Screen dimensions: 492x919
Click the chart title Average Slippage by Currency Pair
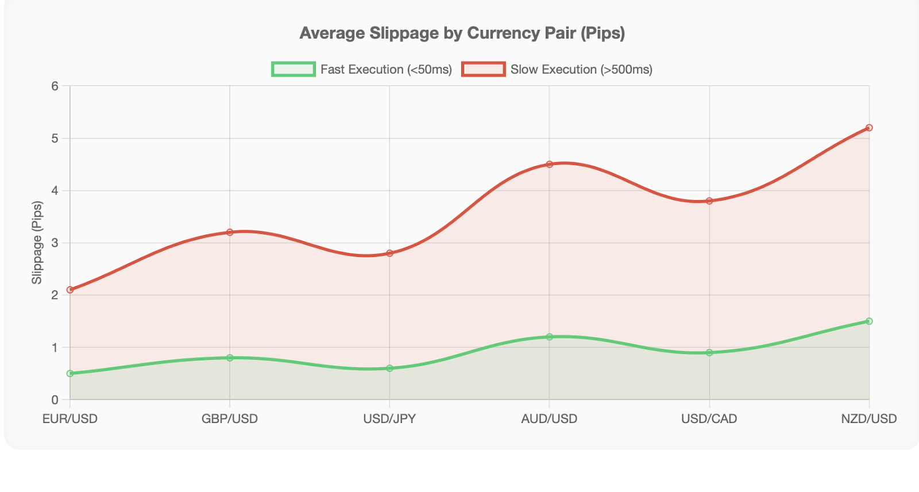pyautogui.click(x=462, y=33)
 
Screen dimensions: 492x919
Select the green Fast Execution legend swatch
pyautogui.click(x=294, y=70)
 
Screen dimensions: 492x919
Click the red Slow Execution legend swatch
pyautogui.click(x=484, y=70)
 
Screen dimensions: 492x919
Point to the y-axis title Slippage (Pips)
pyautogui.click(x=37, y=243)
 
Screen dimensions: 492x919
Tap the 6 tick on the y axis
pyautogui.click(x=55, y=86)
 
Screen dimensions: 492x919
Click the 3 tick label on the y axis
pyautogui.click(x=55, y=243)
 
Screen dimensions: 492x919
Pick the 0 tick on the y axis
pyautogui.click(x=55, y=399)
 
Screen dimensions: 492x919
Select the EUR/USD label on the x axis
pyautogui.click(x=70, y=419)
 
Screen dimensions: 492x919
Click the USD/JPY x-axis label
pyautogui.click(x=389, y=419)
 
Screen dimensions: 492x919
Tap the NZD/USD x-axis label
pyautogui.click(x=868, y=419)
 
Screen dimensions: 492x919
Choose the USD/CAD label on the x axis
pyautogui.click(x=709, y=419)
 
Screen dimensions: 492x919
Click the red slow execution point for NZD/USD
pyautogui.click(x=869, y=128)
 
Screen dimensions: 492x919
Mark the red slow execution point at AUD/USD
pyautogui.click(x=550, y=164)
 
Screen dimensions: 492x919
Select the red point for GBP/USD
pyautogui.click(x=230, y=232)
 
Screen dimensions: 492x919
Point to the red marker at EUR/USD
pyautogui.click(x=70, y=290)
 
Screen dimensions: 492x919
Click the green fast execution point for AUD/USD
pyautogui.click(x=550, y=337)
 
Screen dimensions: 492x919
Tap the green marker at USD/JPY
pyautogui.click(x=389, y=368)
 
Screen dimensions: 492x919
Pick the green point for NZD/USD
pyautogui.click(x=869, y=321)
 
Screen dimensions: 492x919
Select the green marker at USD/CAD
pyautogui.click(x=709, y=352)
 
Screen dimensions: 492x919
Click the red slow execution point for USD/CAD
pyautogui.click(x=709, y=201)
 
